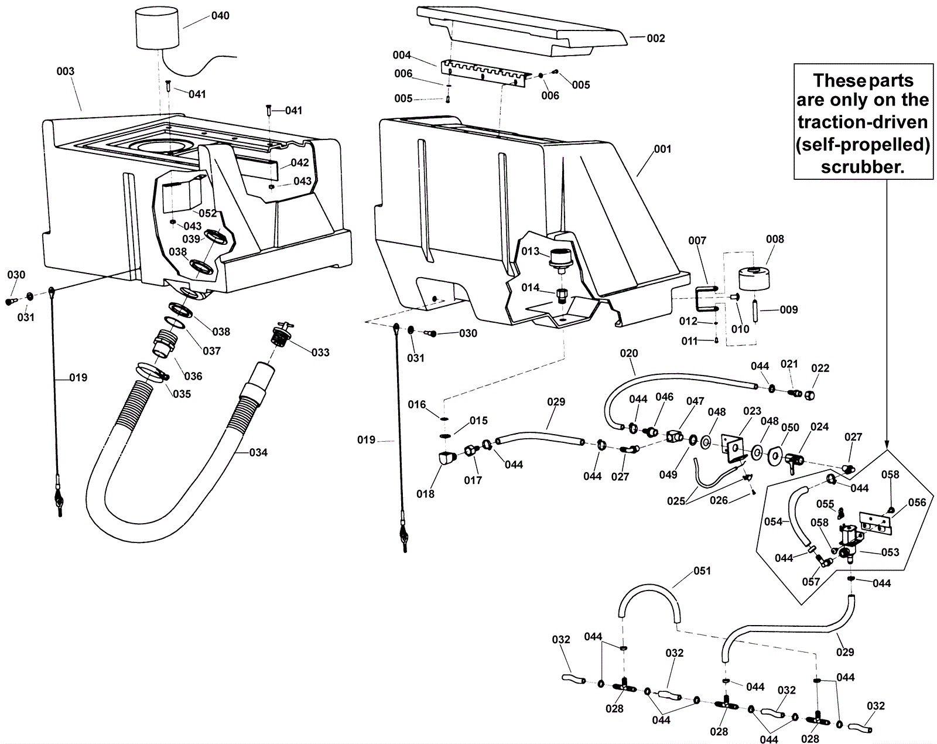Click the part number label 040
coord(220,16)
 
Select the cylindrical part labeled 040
coord(156,28)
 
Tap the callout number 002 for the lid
coord(656,38)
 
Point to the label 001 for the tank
coord(662,149)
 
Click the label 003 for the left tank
coord(66,71)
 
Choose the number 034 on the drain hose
coord(258,452)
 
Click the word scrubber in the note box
coord(863,166)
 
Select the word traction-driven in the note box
coord(863,122)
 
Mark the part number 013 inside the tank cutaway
coord(531,251)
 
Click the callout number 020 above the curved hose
coord(629,353)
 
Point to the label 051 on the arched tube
coord(702,571)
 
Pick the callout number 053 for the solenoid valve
coord(890,552)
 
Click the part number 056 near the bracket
coord(917,502)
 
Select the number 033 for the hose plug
coord(320,352)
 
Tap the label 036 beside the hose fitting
coord(193,376)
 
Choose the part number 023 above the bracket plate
coord(753,411)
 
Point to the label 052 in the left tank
coord(208,213)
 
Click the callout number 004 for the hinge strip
coord(402,55)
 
